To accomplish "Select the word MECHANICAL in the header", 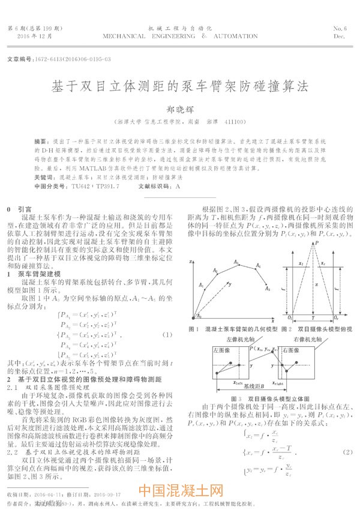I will (x=125, y=36).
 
